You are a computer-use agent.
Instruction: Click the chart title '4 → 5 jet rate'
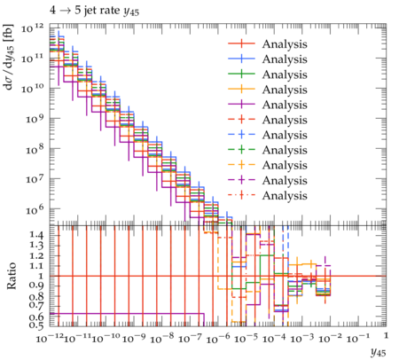[84, 11]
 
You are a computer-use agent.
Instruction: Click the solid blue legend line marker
[241, 59]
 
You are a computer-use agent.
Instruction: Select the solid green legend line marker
[241, 74]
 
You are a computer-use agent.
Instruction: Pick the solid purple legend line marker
[241, 105]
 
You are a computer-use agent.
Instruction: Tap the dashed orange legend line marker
[241, 165]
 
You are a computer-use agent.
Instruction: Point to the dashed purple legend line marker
[241, 180]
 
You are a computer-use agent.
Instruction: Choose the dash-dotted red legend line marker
[241, 195]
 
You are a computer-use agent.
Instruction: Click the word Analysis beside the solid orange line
[285, 90]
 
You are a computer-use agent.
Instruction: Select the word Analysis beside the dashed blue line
[285, 135]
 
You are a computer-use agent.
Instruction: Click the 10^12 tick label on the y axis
[32, 28]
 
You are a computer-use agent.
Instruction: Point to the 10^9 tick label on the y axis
[35, 119]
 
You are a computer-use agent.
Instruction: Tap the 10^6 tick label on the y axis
[35, 209]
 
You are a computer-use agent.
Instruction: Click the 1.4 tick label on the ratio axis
[36, 236]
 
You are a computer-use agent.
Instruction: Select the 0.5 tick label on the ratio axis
[36, 325]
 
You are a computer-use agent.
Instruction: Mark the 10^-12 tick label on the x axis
[50, 338]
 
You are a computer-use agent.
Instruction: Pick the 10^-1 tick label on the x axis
[359, 338]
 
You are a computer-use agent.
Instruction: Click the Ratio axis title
[12, 276]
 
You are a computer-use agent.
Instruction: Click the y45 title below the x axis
[379, 352]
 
